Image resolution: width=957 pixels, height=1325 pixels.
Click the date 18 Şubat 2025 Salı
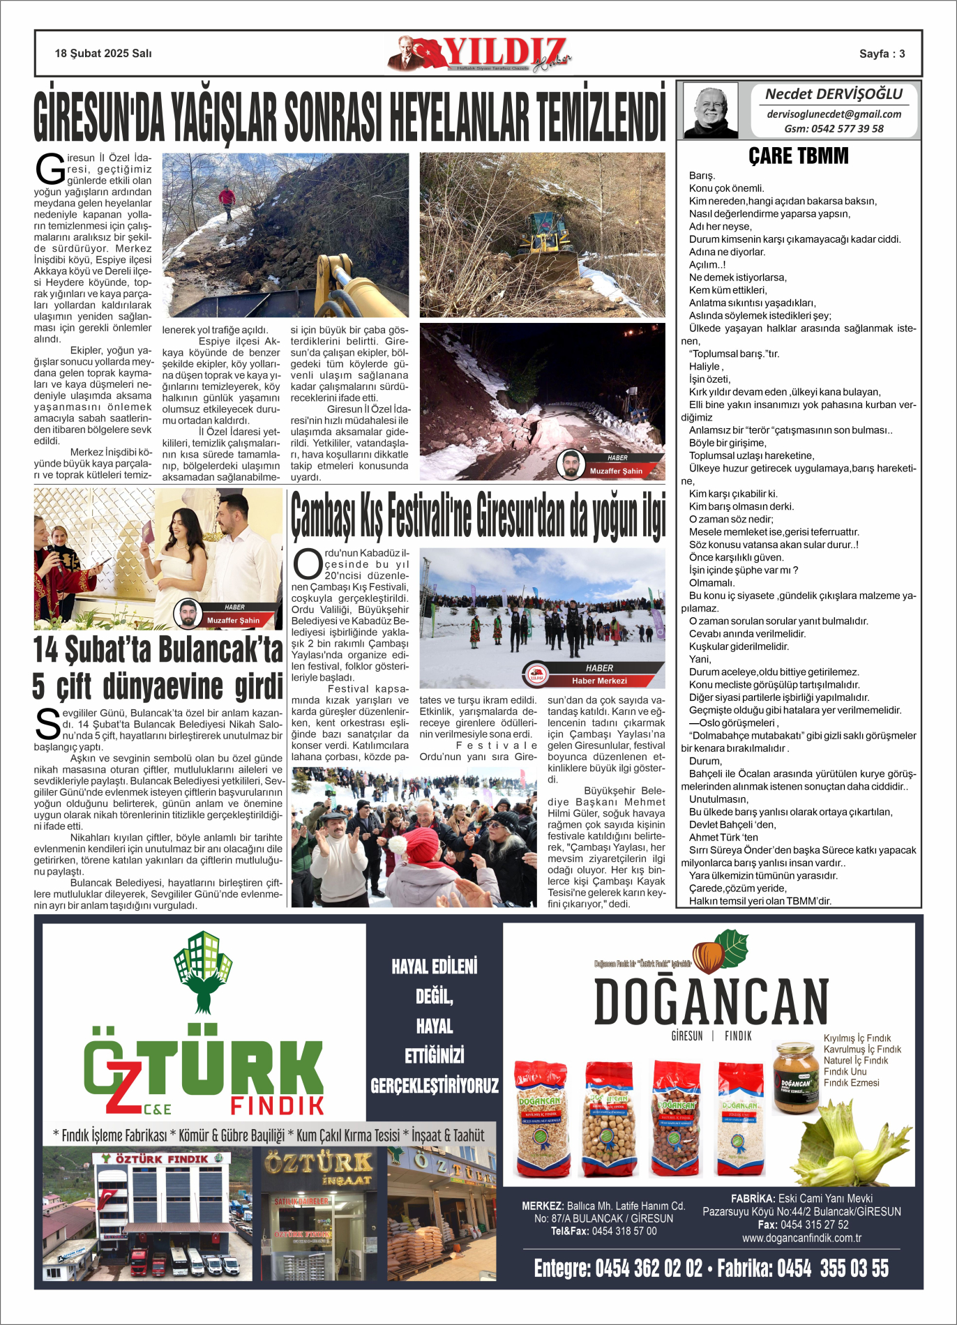tap(103, 54)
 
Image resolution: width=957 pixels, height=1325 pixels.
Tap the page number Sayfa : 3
tap(882, 54)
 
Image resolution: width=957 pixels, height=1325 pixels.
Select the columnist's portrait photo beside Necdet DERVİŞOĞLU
tap(710, 110)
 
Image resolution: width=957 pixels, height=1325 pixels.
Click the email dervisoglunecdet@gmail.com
tap(834, 114)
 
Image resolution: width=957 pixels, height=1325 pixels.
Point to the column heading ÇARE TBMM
tap(799, 156)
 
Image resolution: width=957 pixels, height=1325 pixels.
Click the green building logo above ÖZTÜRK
tap(203, 969)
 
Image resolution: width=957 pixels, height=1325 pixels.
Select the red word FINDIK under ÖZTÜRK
tap(278, 1105)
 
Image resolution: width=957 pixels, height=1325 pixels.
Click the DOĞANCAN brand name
tap(711, 1001)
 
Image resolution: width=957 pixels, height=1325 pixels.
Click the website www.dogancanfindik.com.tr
tap(801, 1238)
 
